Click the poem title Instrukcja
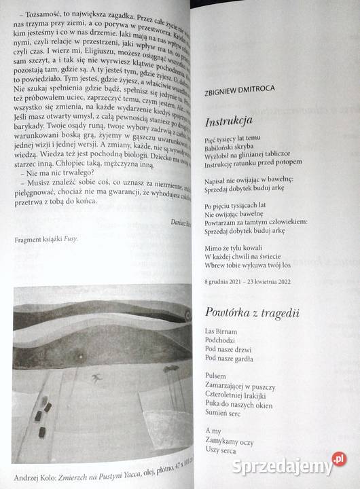tap(228, 122)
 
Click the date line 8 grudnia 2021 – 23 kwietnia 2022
tap(248, 281)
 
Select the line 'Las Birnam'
tap(219, 331)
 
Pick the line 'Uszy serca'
tap(221, 450)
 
